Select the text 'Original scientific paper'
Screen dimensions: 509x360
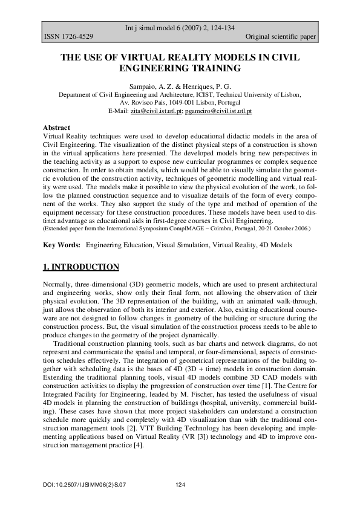(x=281, y=37)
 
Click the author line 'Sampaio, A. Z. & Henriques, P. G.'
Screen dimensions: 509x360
(x=180, y=87)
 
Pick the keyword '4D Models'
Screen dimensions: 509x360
(x=275, y=245)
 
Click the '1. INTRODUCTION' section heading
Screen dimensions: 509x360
(x=81, y=267)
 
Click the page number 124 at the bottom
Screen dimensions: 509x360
(x=180, y=485)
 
